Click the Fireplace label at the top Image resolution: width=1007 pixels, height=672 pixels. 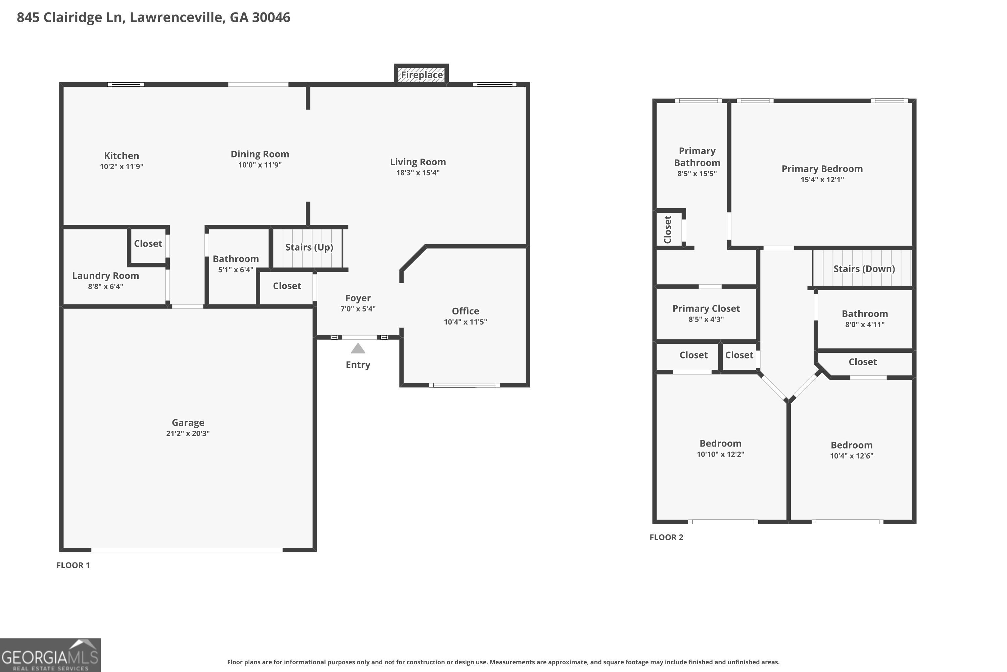tap(422, 75)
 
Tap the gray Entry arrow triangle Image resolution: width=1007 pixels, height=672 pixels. tap(358, 348)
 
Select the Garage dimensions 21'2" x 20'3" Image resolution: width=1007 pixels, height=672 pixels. tap(188, 433)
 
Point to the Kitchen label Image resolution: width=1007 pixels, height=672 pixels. tap(122, 156)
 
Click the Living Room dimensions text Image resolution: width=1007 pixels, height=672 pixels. tap(418, 173)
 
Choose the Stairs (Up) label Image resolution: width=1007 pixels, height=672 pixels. tap(309, 247)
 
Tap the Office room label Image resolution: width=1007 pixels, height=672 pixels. tap(465, 311)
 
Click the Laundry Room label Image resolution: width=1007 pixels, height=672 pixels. tap(105, 276)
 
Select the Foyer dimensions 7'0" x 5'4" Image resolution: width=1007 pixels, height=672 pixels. tap(358, 308)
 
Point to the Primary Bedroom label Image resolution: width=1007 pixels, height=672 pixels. tap(822, 169)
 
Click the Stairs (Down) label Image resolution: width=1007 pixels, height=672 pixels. tap(864, 269)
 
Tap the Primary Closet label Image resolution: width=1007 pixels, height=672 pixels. tap(706, 308)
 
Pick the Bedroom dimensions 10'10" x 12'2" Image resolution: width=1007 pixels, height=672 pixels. tap(721, 454)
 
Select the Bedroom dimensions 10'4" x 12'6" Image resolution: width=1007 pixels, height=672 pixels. tap(852, 456)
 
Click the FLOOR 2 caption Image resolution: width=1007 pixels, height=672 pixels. tap(666, 537)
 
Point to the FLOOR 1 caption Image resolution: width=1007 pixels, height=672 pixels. tap(73, 565)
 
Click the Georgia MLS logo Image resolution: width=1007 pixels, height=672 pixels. tap(50, 655)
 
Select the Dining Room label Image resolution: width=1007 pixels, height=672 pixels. tap(260, 154)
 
